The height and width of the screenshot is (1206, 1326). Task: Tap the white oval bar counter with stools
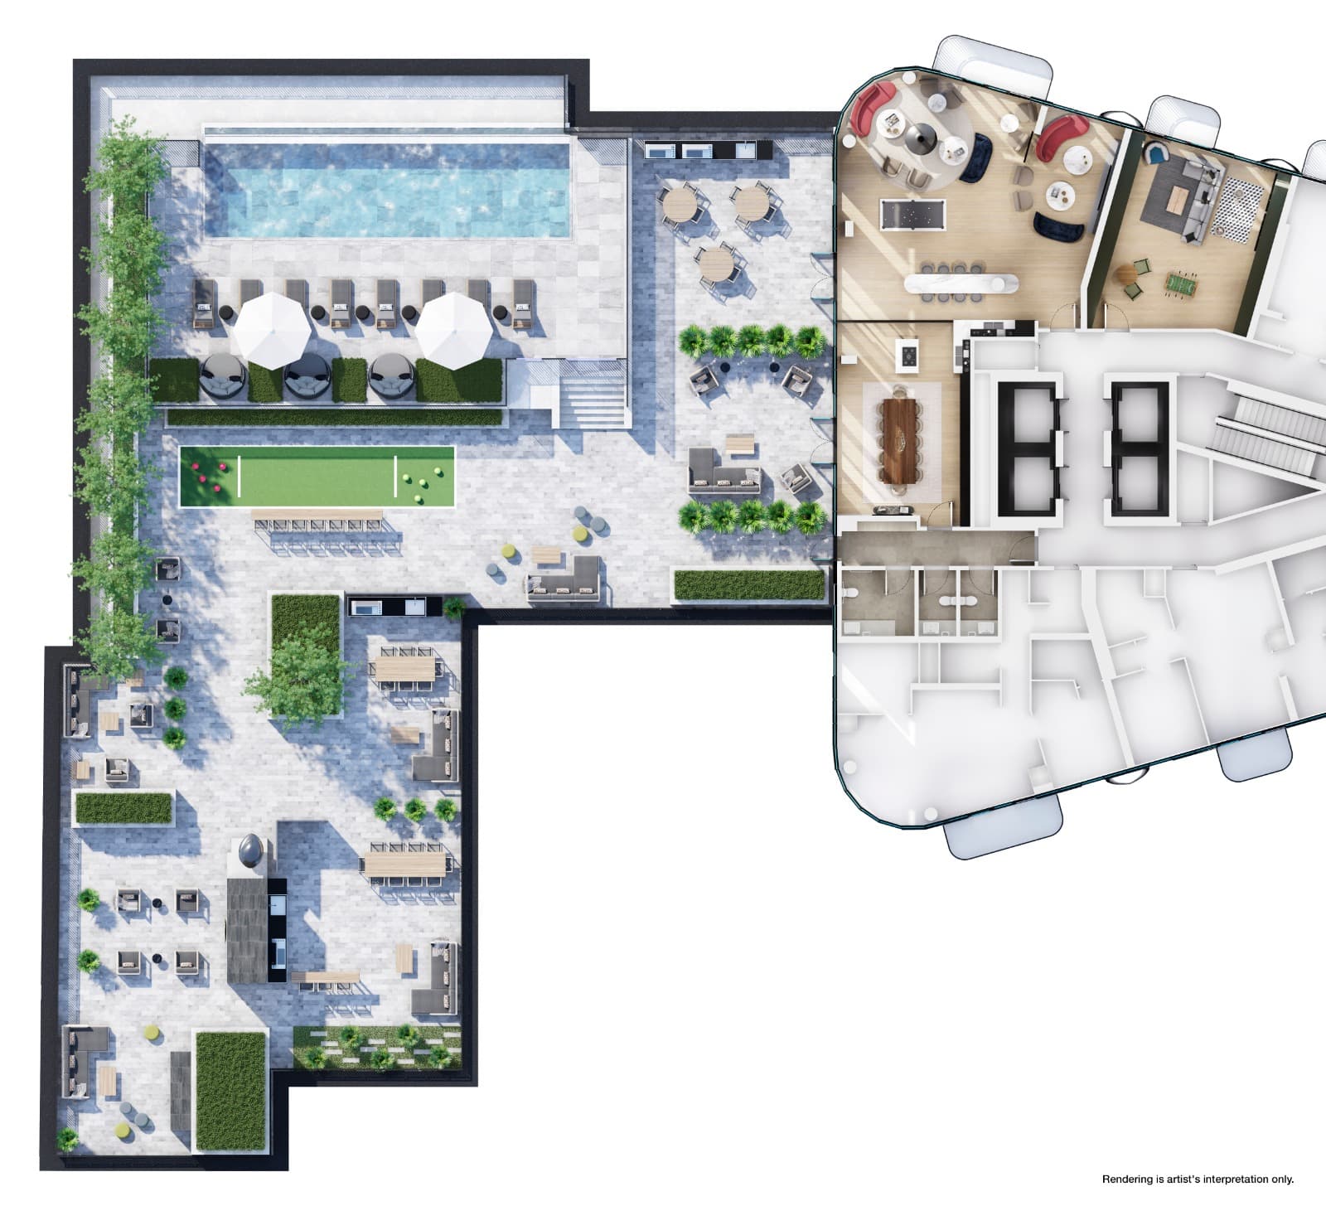click(961, 284)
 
